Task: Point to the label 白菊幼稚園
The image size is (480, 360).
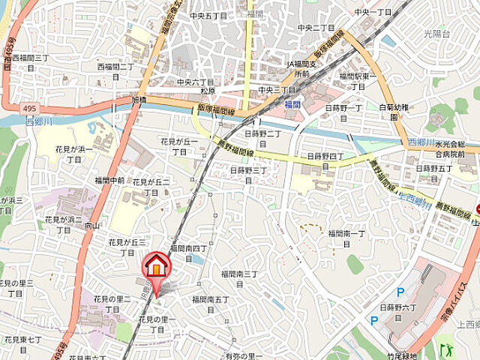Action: [x=393, y=112]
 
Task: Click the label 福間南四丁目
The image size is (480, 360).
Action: [x=187, y=247]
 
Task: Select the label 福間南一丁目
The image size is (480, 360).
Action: [x=346, y=234]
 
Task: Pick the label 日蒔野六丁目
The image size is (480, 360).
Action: [x=397, y=307]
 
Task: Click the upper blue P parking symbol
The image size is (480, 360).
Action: [x=400, y=292]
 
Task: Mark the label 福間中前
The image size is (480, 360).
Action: [x=109, y=180]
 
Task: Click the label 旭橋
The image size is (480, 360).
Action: [x=139, y=100]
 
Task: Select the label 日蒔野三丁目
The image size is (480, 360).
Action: [x=248, y=171]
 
